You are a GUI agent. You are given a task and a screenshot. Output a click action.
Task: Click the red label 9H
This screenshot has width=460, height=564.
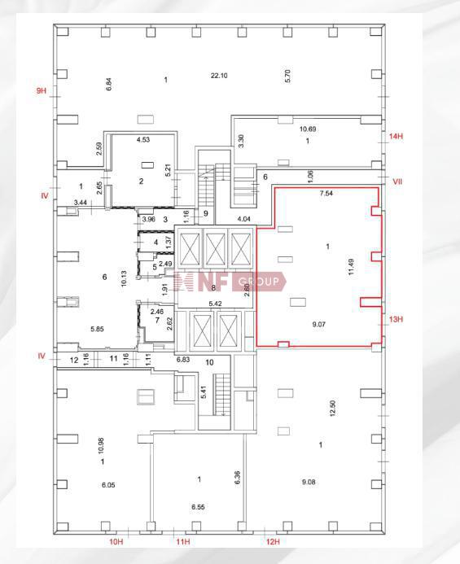pyautogui.click(x=42, y=90)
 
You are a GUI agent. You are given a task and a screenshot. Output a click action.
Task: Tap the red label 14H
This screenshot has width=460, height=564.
pyautogui.click(x=396, y=137)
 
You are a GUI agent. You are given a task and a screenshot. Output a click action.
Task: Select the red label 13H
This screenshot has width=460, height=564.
pyautogui.click(x=396, y=319)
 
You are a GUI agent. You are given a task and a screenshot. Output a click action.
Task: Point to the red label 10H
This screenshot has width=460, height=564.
pyautogui.click(x=116, y=542)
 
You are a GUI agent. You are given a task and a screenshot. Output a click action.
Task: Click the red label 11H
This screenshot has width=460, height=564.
pyautogui.click(x=183, y=542)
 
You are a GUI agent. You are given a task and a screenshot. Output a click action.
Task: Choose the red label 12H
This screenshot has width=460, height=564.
pyautogui.click(x=273, y=542)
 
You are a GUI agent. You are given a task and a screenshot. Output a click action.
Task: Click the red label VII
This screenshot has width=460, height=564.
pyautogui.click(x=397, y=181)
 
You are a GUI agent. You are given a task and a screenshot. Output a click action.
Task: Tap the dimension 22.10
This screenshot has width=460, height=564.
pyautogui.click(x=219, y=76)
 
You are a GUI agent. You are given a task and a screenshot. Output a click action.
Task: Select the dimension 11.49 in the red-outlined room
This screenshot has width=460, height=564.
pyautogui.click(x=351, y=267)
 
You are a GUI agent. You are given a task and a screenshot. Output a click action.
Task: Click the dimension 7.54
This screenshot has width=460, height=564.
pyautogui.click(x=326, y=193)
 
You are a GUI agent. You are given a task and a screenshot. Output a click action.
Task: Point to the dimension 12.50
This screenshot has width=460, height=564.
pyautogui.click(x=332, y=409)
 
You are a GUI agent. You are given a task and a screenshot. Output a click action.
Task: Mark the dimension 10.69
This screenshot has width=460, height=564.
pyautogui.click(x=308, y=129)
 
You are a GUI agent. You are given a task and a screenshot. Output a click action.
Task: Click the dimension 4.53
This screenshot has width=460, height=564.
pyautogui.click(x=143, y=139)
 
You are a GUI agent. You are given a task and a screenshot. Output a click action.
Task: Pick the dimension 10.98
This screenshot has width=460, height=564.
pyautogui.click(x=101, y=445)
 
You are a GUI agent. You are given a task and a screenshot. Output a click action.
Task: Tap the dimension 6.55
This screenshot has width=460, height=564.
pyautogui.click(x=198, y=507)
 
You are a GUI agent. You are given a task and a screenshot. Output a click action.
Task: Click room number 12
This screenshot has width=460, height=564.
pyautogui.click(x=74, y=360)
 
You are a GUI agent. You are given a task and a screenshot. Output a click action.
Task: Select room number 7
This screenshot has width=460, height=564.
pyautogui.click(x=157, y=320)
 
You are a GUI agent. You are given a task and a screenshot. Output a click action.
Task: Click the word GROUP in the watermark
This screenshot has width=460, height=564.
pyautogui.click(x=259, y=282)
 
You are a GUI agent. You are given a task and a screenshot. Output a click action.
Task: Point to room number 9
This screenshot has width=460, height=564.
pyautogui.click(x=206, y=213)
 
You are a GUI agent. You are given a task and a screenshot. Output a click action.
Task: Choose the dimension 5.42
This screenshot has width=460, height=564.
pyautogui.click(x=215, y=304)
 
